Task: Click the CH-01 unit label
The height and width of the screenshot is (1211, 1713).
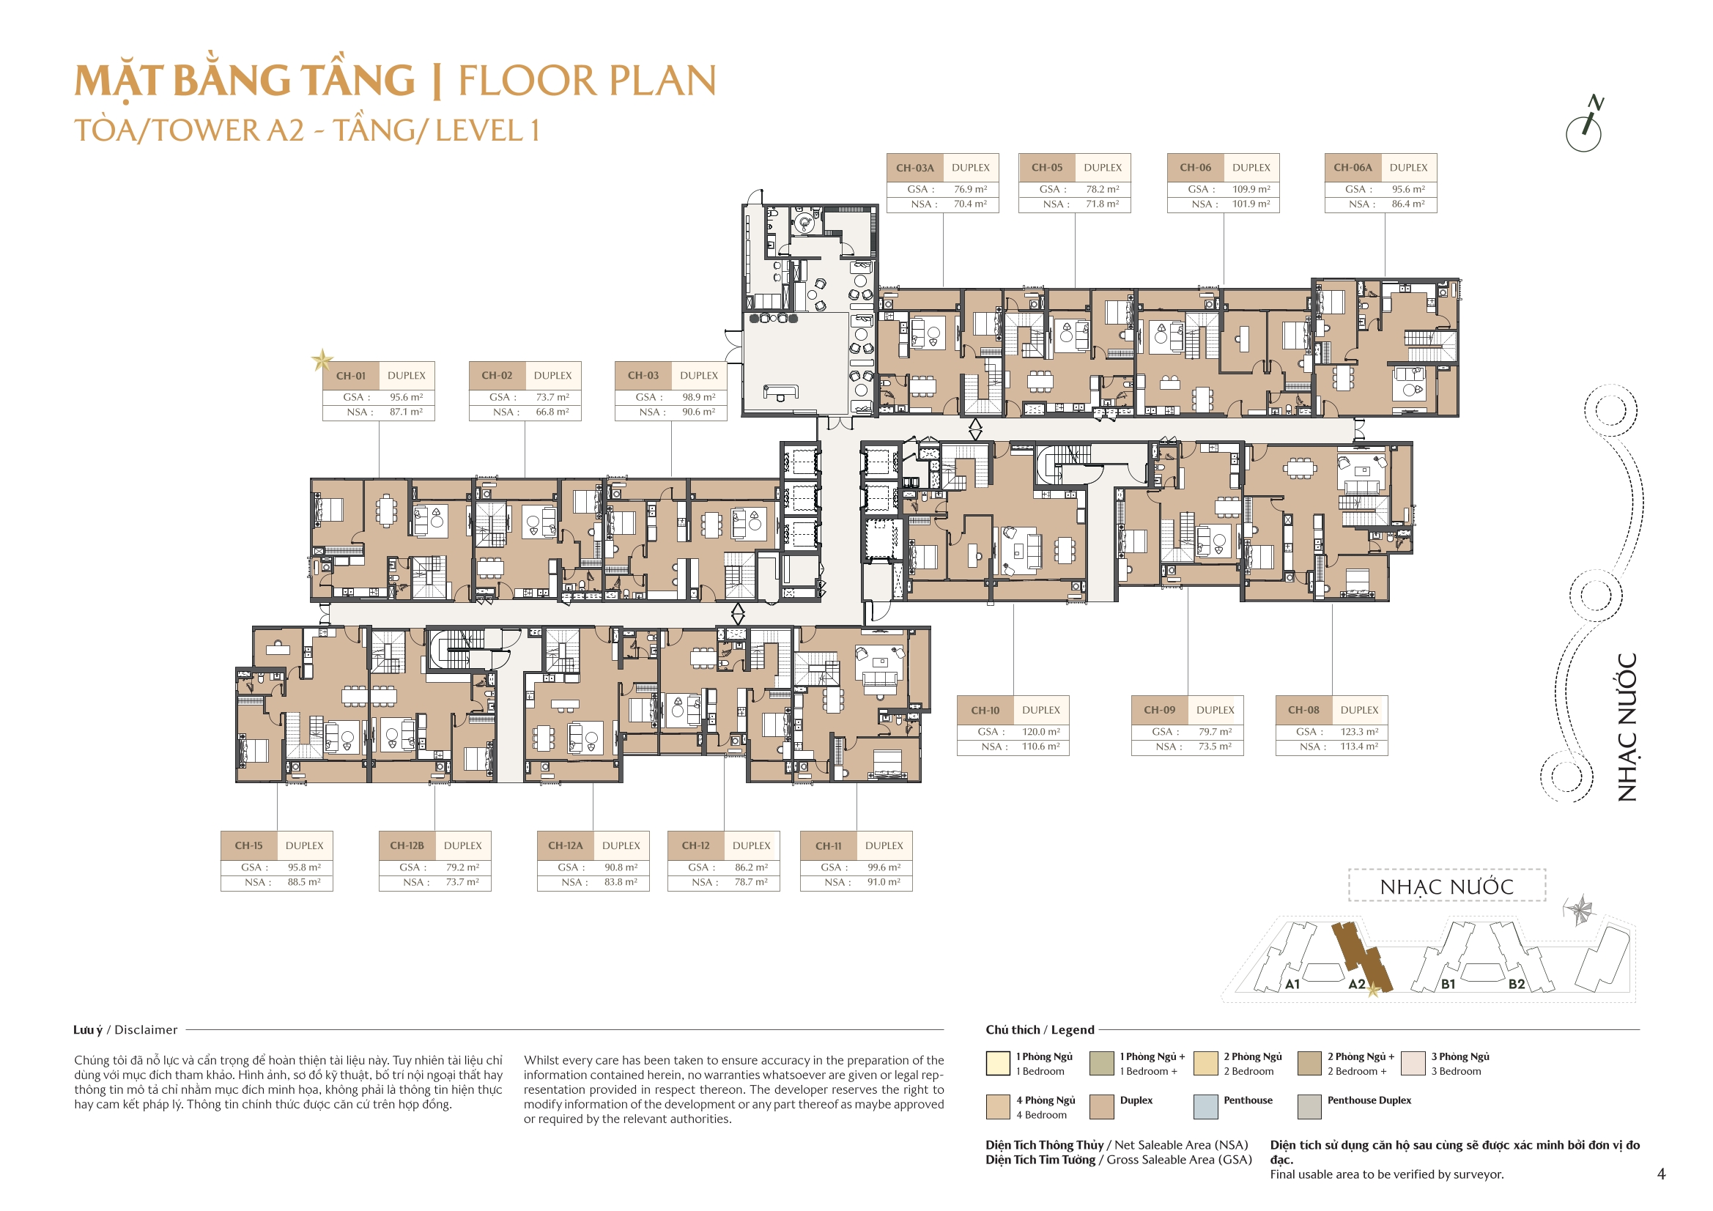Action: tap(351, 375)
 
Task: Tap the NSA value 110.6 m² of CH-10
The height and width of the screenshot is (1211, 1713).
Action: tap(1041, 746)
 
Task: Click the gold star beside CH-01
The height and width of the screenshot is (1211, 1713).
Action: tap(322, 360)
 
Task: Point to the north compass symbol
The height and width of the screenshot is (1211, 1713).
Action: tap(1585, 125)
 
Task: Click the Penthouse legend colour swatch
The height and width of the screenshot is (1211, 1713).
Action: tap(1206, 1106)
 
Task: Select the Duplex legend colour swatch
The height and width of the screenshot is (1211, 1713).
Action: tap(1102, 1106)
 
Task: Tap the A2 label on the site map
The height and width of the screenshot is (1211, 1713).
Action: tap(1356, 984)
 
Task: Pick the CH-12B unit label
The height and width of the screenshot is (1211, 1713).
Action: tap(407, 845)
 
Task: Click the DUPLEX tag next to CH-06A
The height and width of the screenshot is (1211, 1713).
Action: tap(1409, 168)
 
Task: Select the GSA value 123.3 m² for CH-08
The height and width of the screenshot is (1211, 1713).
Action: tap(1359, 732)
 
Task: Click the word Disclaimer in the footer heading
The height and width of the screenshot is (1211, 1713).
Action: tap(147, 1030)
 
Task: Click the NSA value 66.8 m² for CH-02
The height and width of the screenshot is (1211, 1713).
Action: tap(552, 412)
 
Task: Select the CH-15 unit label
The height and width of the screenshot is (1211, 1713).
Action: tap(248, 845)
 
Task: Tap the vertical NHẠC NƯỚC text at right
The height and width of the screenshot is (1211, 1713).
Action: tap(1627, 727)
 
